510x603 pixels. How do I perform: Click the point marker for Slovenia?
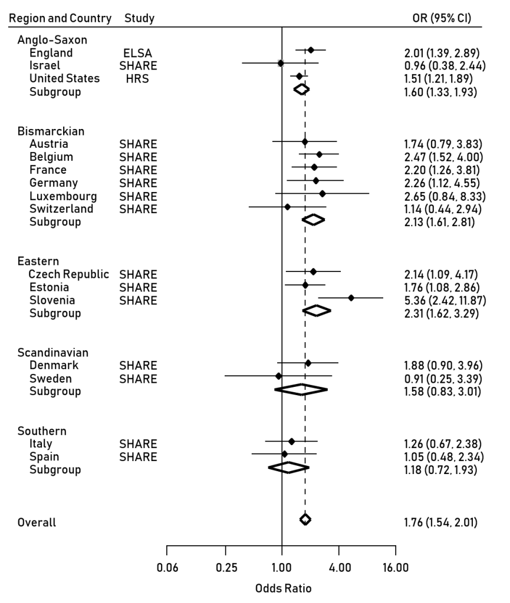click(x=351, y=298)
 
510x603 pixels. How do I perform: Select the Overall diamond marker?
click(x=305, y=519)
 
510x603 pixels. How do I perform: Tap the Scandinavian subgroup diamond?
click(x=301, y=389)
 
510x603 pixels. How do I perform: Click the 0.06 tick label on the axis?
click(x=167, y=568)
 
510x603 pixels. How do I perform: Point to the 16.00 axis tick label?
click(x=395, y=568)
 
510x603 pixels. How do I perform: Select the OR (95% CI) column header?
click(x=441, y=18)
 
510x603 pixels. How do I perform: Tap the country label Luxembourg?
click(x=63, y=196)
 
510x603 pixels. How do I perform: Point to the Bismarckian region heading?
click(x=51, y=131)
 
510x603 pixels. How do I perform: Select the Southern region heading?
click(x=42, y=430)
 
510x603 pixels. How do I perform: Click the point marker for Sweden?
click(x=278, y=376)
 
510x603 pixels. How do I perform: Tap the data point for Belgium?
click(x=319, y=154)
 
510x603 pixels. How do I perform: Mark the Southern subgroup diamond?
click(x=288, y=467)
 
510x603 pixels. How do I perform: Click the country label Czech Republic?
click(x=68, y=274)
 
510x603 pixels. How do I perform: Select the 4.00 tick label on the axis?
click(x=338, y=568)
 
